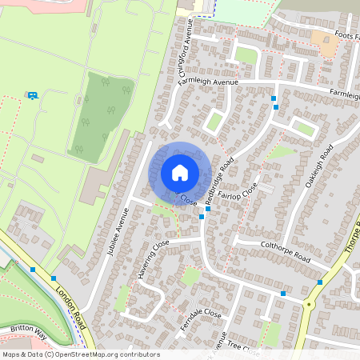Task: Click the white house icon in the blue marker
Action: click(180, 171)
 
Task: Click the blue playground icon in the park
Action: click(32, 96)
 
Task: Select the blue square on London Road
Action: click(32, 270)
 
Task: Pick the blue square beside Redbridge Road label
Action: click(202, 216)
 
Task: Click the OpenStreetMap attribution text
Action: click(80, 354)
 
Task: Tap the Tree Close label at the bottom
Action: click(244, 346)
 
